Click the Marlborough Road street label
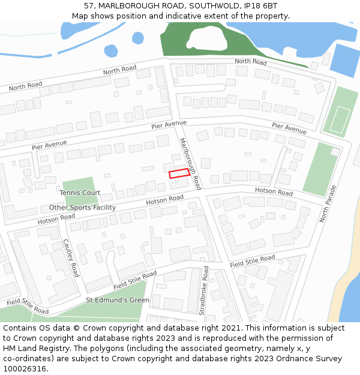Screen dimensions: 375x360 pyautogui.click(x=191, y=163)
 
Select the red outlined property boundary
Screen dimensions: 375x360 pyautogui.click(x=179, y=173)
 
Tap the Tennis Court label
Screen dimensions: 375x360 pyautogui.click(x=80, y=193)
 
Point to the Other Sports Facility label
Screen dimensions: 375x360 pyautogui.click(x=82, y=208)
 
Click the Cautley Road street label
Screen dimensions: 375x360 pyautogui.click(x=71, y=257)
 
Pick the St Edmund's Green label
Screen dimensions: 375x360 pyautogui.click(x=118, y=300)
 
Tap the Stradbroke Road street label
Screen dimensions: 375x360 pyautogui.click(x=203, y=292)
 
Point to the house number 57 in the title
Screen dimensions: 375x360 pyautogui.click(x=89, y=5)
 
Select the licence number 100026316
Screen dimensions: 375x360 pyautogui.click(x=25, y=369)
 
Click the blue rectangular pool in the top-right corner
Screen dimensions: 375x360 pyautogui.click(x=343, y=59)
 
